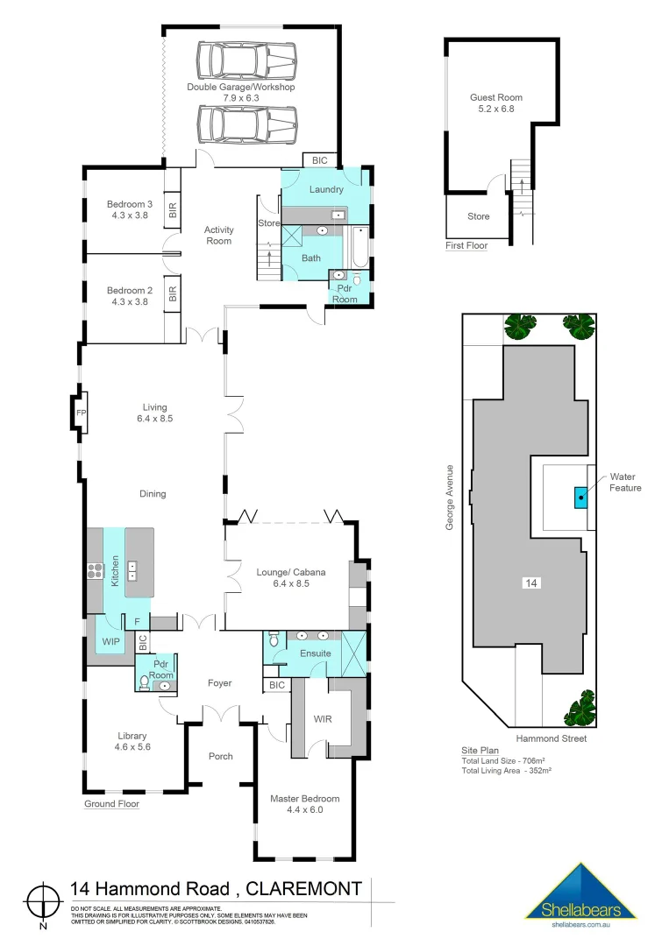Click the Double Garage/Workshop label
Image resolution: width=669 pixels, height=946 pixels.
(x=240, y=87)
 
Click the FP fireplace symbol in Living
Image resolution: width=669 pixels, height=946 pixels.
(x=81, y=413)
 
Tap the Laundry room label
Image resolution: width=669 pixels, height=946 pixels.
(x=326, y=189)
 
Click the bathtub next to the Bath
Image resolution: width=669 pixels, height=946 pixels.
(x=359, y=248)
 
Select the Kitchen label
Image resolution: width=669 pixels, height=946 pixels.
(x=114, y=570)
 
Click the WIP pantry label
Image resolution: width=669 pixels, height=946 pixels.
(x=111, y=641)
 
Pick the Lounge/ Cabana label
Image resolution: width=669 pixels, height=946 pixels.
(x=290, y=572)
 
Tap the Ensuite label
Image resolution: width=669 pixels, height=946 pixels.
(x=316, y=653)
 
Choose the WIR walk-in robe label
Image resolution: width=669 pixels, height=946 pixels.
(x=322, y=719)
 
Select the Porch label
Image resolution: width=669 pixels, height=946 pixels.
(x=220, y=756)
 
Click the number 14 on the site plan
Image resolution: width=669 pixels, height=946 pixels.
(x=530, y=582)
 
